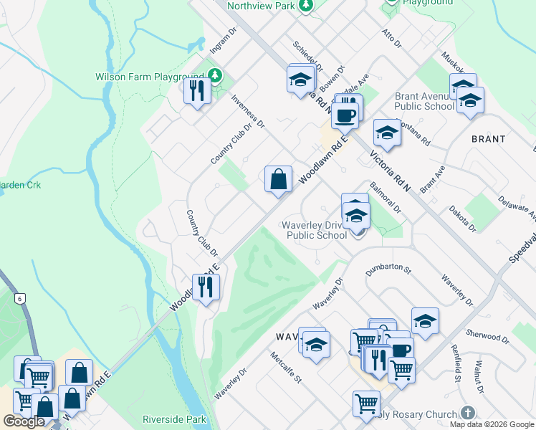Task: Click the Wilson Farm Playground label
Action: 150,77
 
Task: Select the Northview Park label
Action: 261,6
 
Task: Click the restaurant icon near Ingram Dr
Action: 196,90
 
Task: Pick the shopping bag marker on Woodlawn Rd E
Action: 278,179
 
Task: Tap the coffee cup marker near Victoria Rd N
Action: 345,114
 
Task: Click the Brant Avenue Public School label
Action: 424,101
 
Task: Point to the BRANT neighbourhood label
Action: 488,139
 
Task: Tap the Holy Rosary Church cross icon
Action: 467,414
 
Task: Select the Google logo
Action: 24,421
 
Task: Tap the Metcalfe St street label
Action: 286,367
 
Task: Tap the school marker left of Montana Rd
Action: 387,133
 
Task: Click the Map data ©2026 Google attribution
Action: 491,424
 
